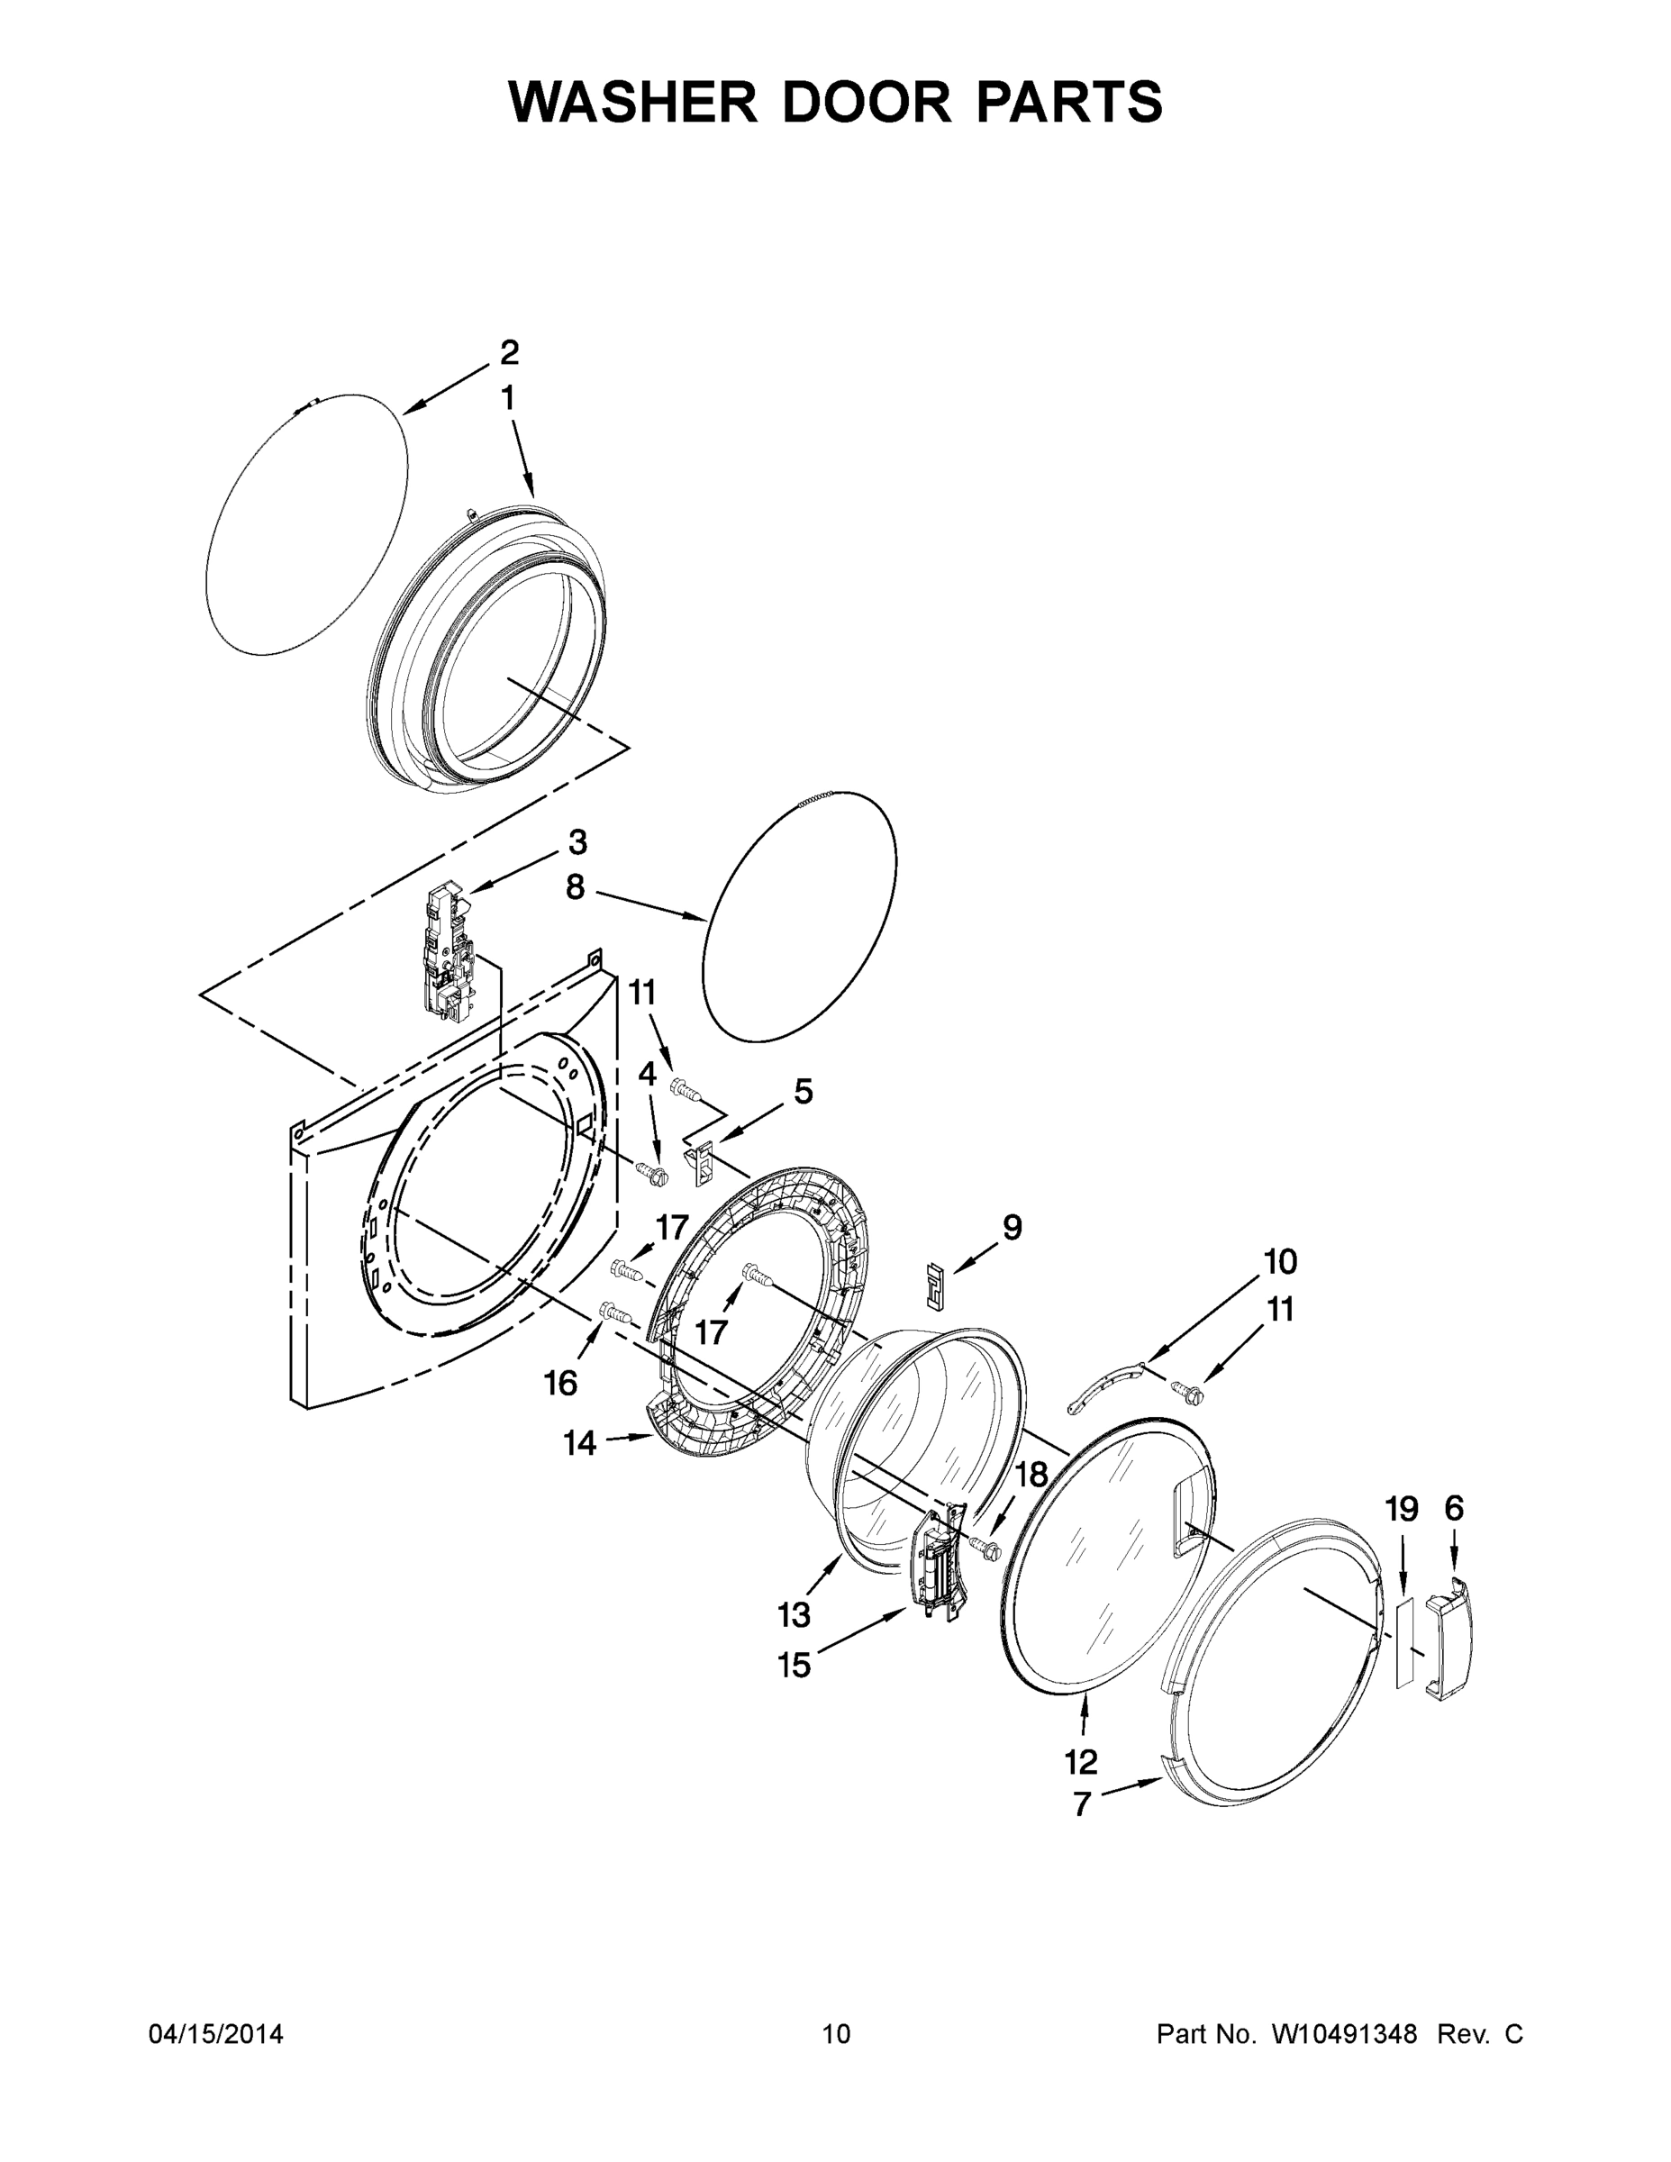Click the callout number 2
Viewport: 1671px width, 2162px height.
509,352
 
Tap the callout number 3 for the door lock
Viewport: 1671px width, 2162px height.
577,842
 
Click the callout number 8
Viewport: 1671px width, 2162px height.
575,888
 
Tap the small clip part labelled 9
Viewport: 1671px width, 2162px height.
934,1284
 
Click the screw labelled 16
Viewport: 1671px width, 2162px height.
613,1313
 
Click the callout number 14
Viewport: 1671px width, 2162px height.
580,1444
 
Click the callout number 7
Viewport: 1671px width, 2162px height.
1082,1804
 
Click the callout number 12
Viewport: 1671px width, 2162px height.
1081,1761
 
